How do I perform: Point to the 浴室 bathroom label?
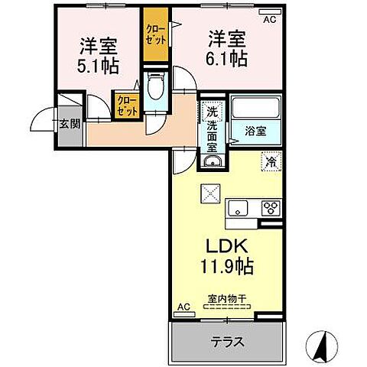point(256,131)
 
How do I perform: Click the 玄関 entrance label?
point(70,122)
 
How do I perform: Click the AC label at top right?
point(268,20)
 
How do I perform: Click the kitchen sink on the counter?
point(239,206)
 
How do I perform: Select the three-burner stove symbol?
point(270,206)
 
